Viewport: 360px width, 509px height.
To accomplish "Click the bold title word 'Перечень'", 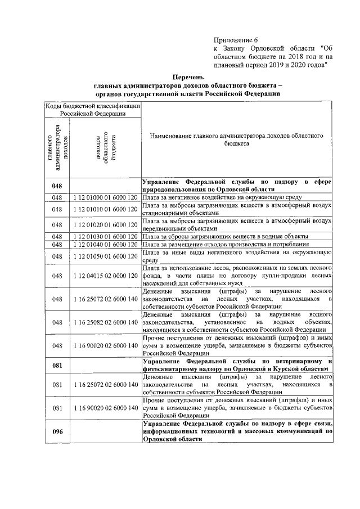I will [188, 76].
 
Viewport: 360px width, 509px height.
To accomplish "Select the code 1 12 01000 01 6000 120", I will [105, 197].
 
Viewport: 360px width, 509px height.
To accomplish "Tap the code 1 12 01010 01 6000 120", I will [105, 209].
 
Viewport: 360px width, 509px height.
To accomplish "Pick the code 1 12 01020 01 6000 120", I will [105, 225].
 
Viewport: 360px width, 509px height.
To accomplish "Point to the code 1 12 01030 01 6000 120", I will [105, 236].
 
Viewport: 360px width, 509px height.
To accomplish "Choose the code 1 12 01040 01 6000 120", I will [105, 245].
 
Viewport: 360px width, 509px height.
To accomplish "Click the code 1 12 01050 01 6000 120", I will [105, 256].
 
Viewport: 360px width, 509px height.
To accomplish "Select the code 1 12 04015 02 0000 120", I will [105, 276].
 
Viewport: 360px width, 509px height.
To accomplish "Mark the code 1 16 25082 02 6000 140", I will [105, 322].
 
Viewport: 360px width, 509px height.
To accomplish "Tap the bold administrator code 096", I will [57, 431].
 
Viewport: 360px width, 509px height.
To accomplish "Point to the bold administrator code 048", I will [57, 186].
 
